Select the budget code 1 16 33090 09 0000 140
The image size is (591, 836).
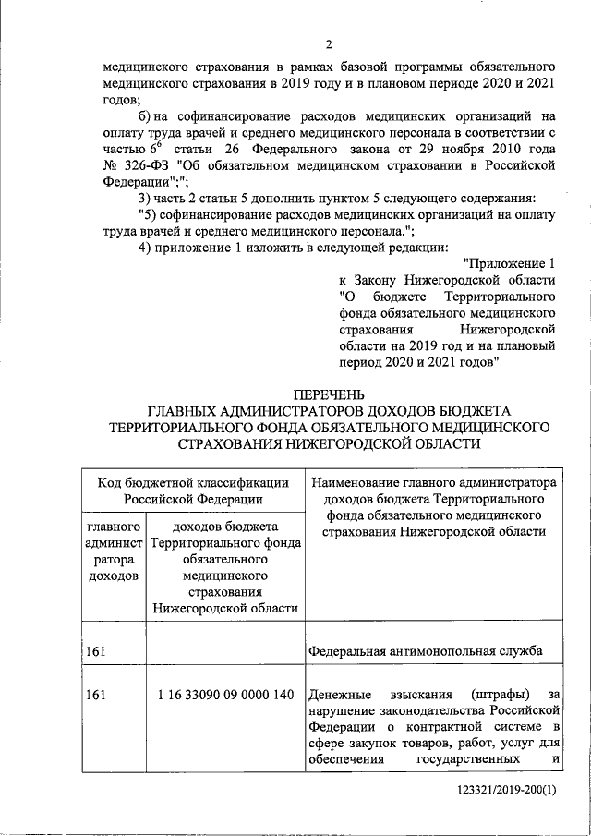[x=226, y=694]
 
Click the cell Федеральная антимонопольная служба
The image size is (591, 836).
[x=424, y=652]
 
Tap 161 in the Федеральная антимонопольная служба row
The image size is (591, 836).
[x=94, y=652]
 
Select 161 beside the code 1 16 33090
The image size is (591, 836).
[x=94, y=694]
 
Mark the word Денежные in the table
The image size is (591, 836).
[x=341, y=694]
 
